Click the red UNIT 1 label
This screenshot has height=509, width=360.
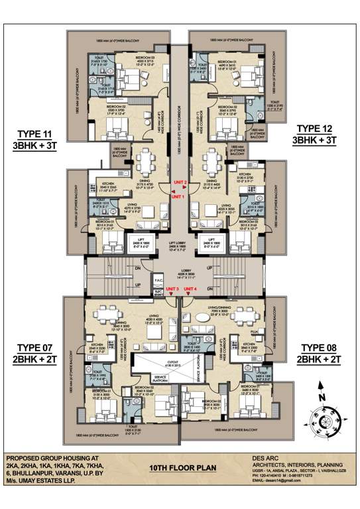[x=178, y=197]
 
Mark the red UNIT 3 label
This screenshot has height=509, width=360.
[x=172, y=290]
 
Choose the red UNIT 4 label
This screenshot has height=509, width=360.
[x=191, y=290]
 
